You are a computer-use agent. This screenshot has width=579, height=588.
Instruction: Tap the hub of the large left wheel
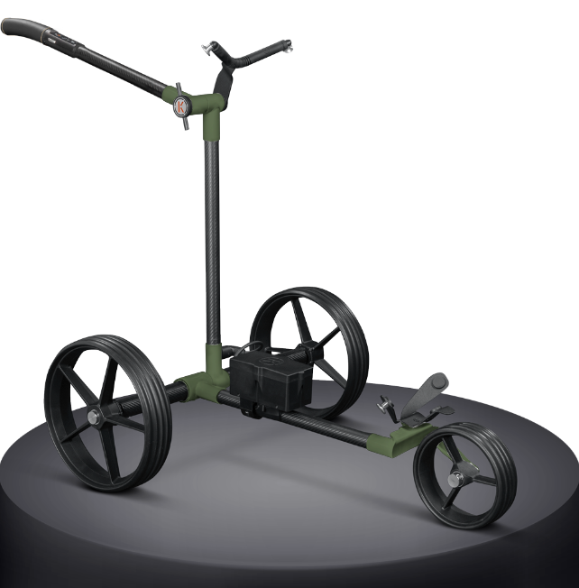pos(95,416)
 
